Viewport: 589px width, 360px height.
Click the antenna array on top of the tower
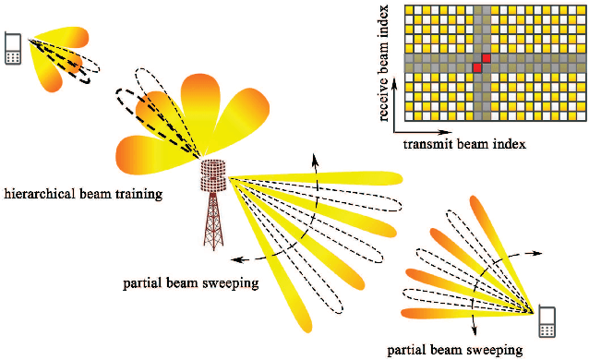click(213, 175)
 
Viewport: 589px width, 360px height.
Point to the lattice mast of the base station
click(213, 222)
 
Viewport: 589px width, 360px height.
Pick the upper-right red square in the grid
click(487, 58)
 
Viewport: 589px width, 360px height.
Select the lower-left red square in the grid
click(477, 68)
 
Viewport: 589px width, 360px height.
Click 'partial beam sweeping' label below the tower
click(189, 282)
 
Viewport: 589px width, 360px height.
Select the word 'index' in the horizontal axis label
click(508, 144)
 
